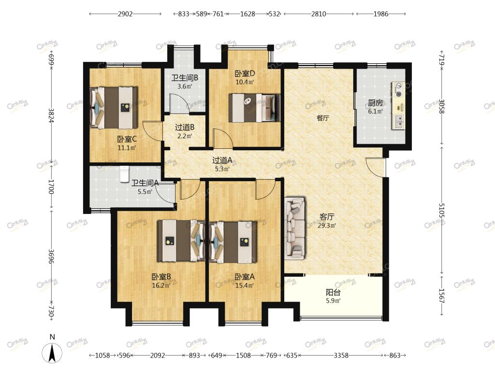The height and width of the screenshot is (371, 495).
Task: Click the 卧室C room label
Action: tap(127, 139)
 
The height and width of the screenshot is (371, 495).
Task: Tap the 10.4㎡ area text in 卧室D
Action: tap(245, 82)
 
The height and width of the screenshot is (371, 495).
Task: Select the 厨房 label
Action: tap(375, 103)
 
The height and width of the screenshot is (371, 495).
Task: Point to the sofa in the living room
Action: tap(295, 228)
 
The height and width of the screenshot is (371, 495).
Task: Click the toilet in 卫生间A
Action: tap(125, 173)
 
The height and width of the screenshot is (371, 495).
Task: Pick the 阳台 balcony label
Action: tap(333, 292)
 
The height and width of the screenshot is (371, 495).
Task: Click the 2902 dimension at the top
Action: tap(125, 14)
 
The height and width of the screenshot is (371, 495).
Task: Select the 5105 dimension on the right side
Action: tap(442, 211)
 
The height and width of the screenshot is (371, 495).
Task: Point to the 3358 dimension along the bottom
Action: tap(341, 356)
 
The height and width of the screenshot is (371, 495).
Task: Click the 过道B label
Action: tap(185, 128)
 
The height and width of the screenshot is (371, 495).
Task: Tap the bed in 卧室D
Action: tap(254, 108)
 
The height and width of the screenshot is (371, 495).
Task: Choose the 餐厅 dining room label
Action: tap(323, 118)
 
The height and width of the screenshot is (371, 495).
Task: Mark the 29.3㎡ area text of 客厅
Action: tap(327, 226)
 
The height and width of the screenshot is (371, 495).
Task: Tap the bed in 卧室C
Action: tap(114, 108)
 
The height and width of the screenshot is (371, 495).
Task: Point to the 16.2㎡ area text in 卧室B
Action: tap(161, 285)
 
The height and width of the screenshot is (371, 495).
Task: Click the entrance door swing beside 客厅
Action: tap(376, 167)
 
